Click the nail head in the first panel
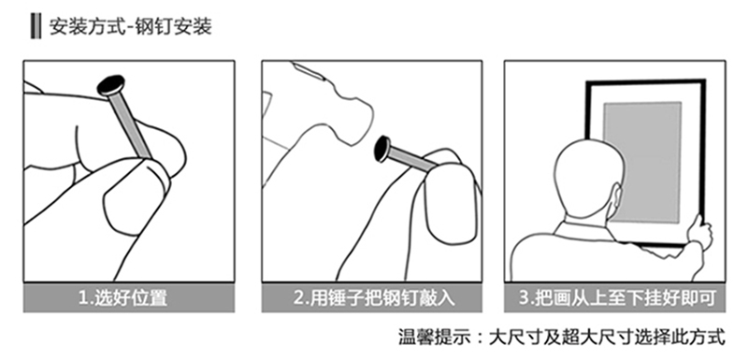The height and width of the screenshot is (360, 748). point(111,85)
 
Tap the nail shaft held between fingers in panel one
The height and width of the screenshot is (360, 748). point(130,125)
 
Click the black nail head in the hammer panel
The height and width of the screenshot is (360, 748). point(382,149)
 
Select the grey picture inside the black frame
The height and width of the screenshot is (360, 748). point(642,162)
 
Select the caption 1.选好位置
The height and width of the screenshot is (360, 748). point(123,298)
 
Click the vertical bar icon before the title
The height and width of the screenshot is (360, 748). point(36,26)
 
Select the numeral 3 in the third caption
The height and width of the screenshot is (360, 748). point(524,299)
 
